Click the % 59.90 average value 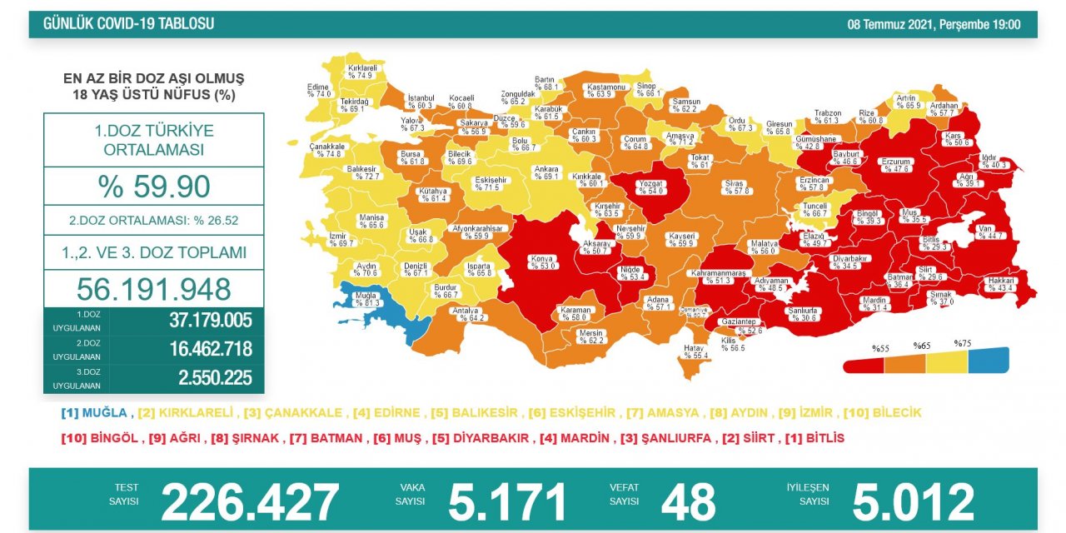tap(153, 187)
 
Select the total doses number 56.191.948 tap(153, 288)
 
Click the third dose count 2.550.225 tap(215, 378)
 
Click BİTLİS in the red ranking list tap(825, 438)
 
